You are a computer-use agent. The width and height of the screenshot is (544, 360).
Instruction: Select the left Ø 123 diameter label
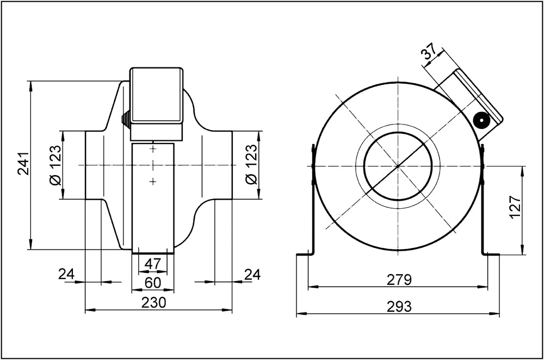(56, 165)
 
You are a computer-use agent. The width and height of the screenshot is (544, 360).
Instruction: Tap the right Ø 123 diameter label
(251, 165)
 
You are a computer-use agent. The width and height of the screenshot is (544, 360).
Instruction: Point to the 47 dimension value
(153, 264)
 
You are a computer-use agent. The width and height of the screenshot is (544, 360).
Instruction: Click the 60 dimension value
(153, 282)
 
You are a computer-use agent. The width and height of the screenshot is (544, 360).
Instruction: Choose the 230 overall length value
(154, 302)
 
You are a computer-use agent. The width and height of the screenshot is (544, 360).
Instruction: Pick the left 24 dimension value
(66, 275)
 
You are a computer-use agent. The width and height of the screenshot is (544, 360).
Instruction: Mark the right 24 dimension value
(252, 275)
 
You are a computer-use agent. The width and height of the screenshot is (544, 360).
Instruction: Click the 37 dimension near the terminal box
(429, 53)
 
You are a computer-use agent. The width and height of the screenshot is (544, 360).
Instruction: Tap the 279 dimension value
(399, 280)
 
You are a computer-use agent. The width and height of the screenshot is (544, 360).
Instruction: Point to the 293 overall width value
(399, 307)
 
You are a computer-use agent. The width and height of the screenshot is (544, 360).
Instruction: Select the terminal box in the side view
(156, 95)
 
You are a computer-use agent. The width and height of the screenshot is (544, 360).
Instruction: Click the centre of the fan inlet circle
(398, 165)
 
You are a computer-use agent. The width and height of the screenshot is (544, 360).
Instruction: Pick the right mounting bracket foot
(491, 254)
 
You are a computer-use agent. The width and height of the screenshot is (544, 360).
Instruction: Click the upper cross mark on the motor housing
(153, 148)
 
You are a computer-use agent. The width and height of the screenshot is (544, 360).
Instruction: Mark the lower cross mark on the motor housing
(153, 181)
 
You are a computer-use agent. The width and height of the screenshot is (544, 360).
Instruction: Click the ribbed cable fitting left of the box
(125, 119)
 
